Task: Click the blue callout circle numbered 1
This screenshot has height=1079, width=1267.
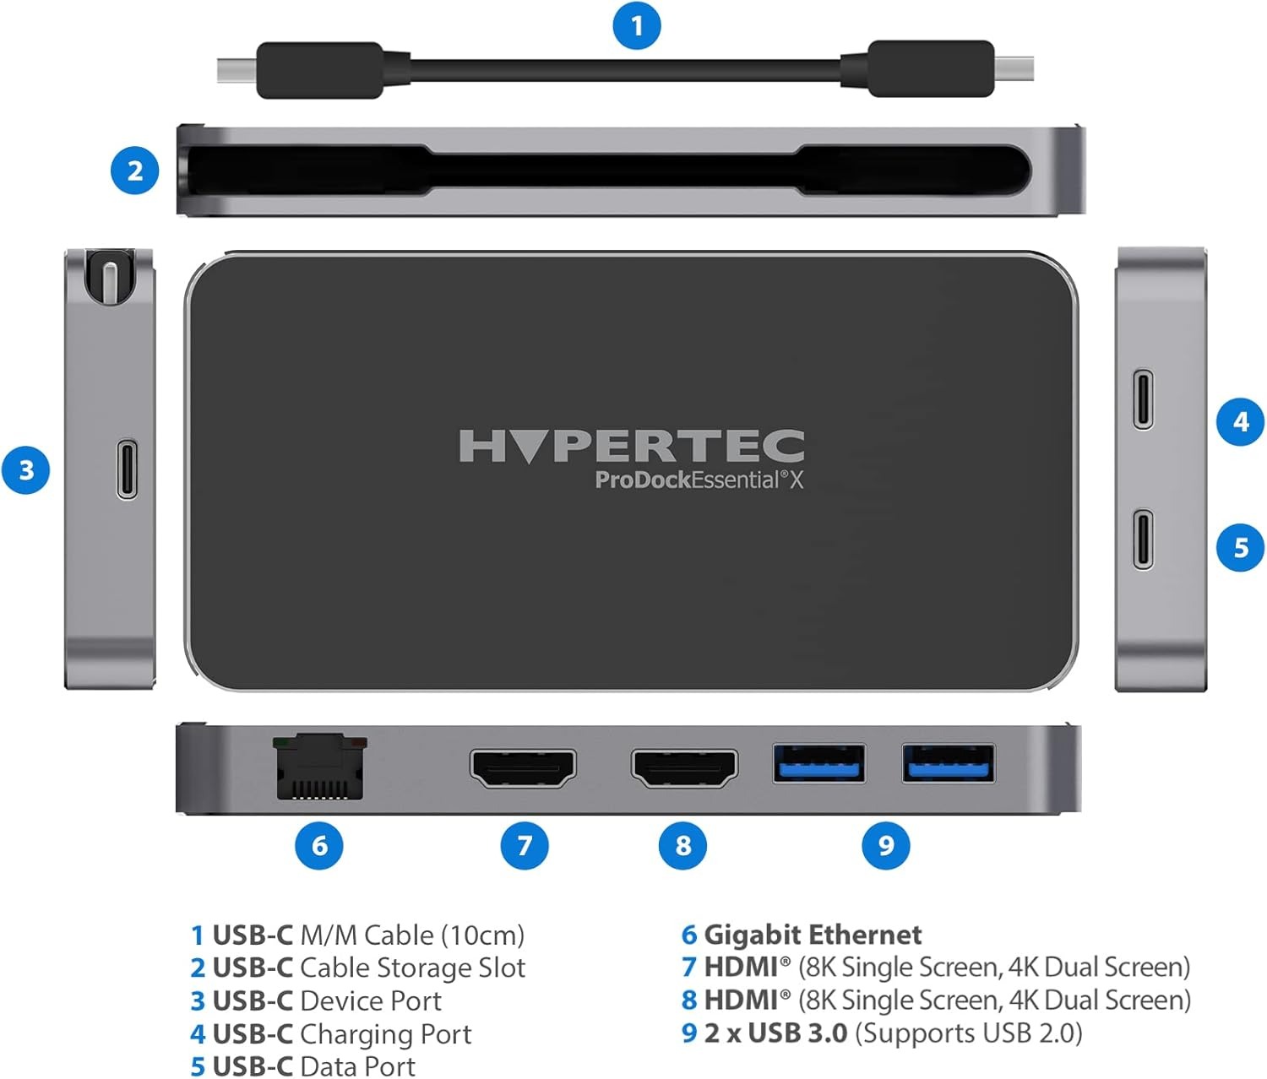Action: click(x=636, y=25)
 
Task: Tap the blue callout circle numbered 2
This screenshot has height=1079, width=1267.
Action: click(x=134, y=171)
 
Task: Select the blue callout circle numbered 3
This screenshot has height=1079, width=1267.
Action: click(x=25, y=470)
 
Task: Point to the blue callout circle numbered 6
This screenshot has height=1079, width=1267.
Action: click(x=318, y=845)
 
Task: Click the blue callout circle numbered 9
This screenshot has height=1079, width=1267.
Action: click(x=885, y=845)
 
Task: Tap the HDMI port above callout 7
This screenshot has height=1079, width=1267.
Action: click(x=523, y=768)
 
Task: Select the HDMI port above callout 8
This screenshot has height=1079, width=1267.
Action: click(x=684, y=768)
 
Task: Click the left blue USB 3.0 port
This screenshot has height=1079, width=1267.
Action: click(x=819, y=763)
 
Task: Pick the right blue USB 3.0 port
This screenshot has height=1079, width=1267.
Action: click(x=949, y=763)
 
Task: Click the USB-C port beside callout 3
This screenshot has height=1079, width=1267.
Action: click(x=127, y=469)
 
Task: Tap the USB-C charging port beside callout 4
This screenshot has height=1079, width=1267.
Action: click(x=1143, y=399)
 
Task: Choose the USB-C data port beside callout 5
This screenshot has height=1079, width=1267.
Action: click(x=1143, y=539)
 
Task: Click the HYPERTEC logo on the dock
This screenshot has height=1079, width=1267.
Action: click(x=631, y=446)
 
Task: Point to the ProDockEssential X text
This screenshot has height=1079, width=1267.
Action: click(x=699, y=480)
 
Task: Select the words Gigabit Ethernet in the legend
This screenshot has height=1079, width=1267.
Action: click(x=813, y=935)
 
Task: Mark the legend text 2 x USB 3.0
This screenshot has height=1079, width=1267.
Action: click(x=775, y=1033)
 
